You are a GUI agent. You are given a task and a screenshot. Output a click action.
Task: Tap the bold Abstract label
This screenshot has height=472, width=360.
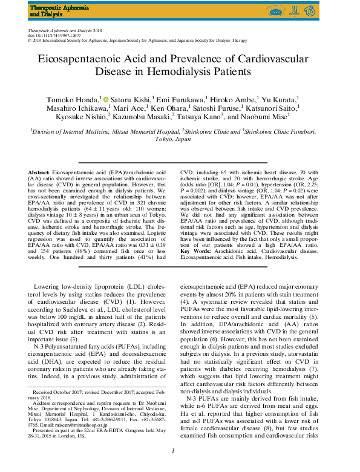(x=39, y=172)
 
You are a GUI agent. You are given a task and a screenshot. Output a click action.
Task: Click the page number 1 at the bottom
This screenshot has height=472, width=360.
(x=174, y=466)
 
